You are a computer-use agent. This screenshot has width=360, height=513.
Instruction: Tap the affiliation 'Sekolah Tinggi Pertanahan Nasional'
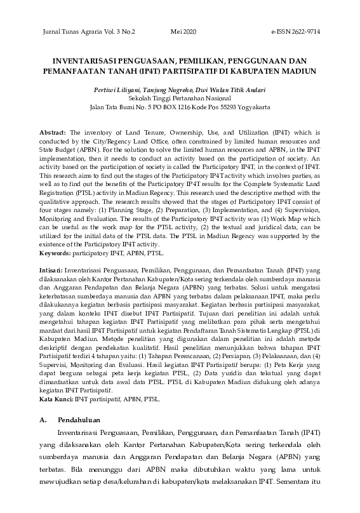pos(179,100)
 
